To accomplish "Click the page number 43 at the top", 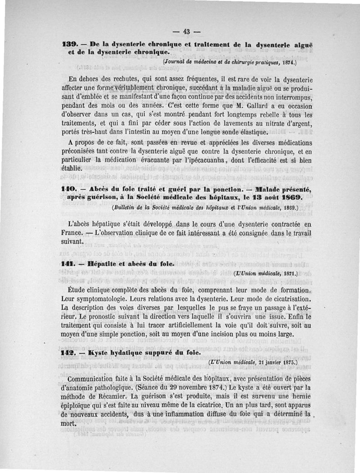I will tap(185, 31).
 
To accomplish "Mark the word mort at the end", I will tap(67, 424).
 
